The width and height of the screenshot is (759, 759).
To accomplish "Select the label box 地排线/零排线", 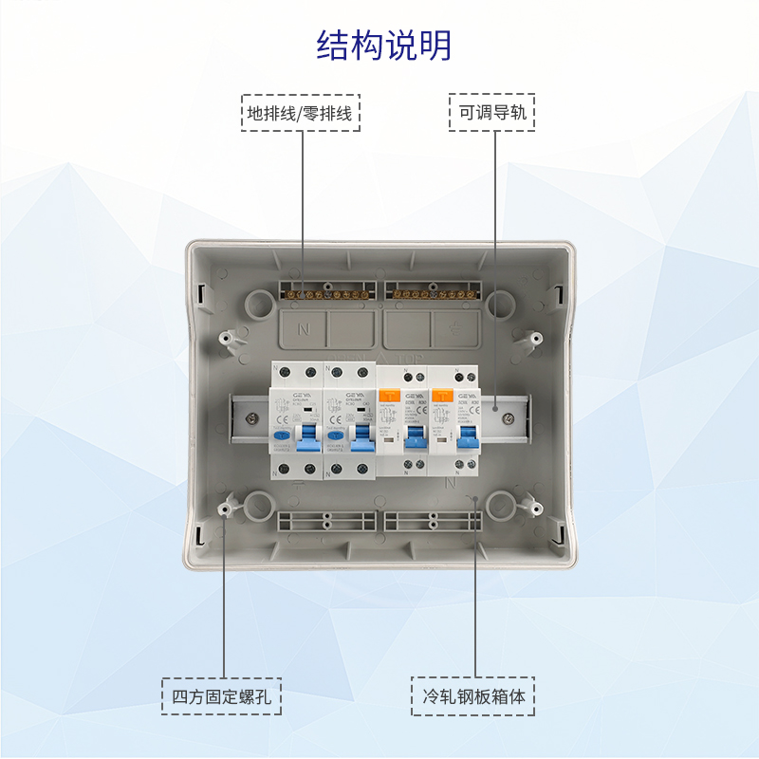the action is [302, 113].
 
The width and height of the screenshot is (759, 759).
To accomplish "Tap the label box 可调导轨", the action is [491, 113].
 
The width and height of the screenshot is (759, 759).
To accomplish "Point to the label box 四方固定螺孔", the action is [222, 697].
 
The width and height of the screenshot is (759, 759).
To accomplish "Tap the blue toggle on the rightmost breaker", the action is [467, 438].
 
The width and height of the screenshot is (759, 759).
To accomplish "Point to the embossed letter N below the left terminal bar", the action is [304, 329].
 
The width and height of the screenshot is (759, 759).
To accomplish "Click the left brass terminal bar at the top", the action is [327, 293].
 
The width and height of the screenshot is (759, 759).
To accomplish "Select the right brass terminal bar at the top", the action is [434, 293].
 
